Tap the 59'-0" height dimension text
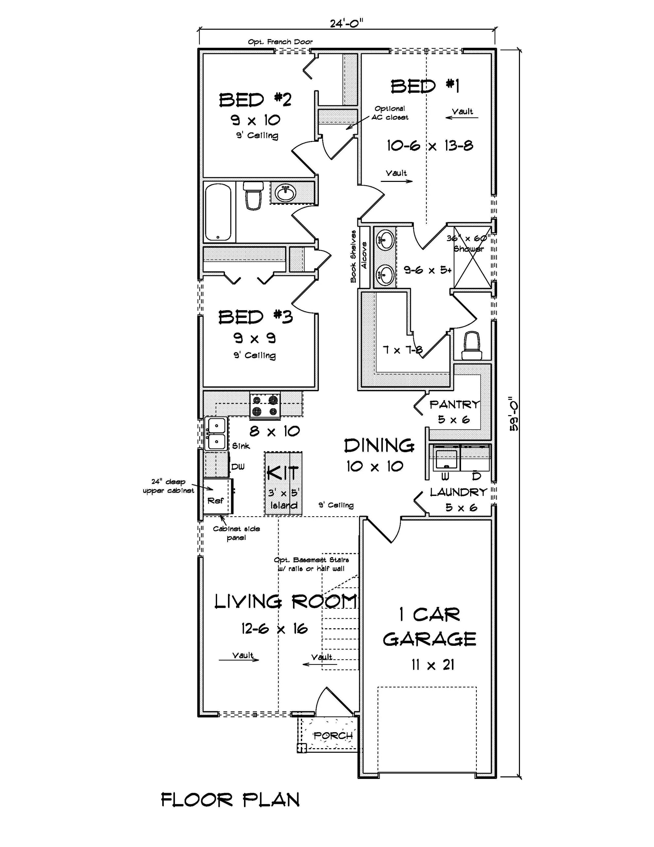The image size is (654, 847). click(x=514, y=413)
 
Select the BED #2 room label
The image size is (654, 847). click(x=255, y=100)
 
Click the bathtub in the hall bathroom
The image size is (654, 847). click(x=218, y=212)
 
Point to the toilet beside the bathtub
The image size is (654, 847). click(x=253, y=196)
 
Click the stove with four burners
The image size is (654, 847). click(x=265, y=405)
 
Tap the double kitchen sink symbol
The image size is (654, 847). click(x=215, y=433)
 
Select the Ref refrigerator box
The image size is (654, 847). click(x=215, y=500)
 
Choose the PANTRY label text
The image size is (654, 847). click(x=454, y=404)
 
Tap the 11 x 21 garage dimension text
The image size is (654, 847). click(x=433, y=665)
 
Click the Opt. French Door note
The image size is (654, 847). click(x=280, y=42)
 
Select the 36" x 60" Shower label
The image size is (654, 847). click(x=468, y=243)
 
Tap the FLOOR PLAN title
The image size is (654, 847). click(x=230, y=800)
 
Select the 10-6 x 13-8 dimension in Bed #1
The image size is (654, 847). click(x=430, y=146)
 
